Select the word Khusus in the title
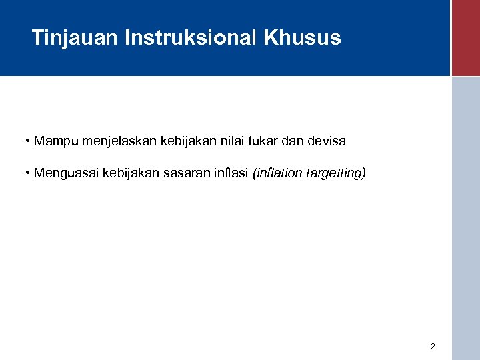[303, 38]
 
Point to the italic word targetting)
[336, 174]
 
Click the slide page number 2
[433, 347]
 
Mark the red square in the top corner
[465, 38]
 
